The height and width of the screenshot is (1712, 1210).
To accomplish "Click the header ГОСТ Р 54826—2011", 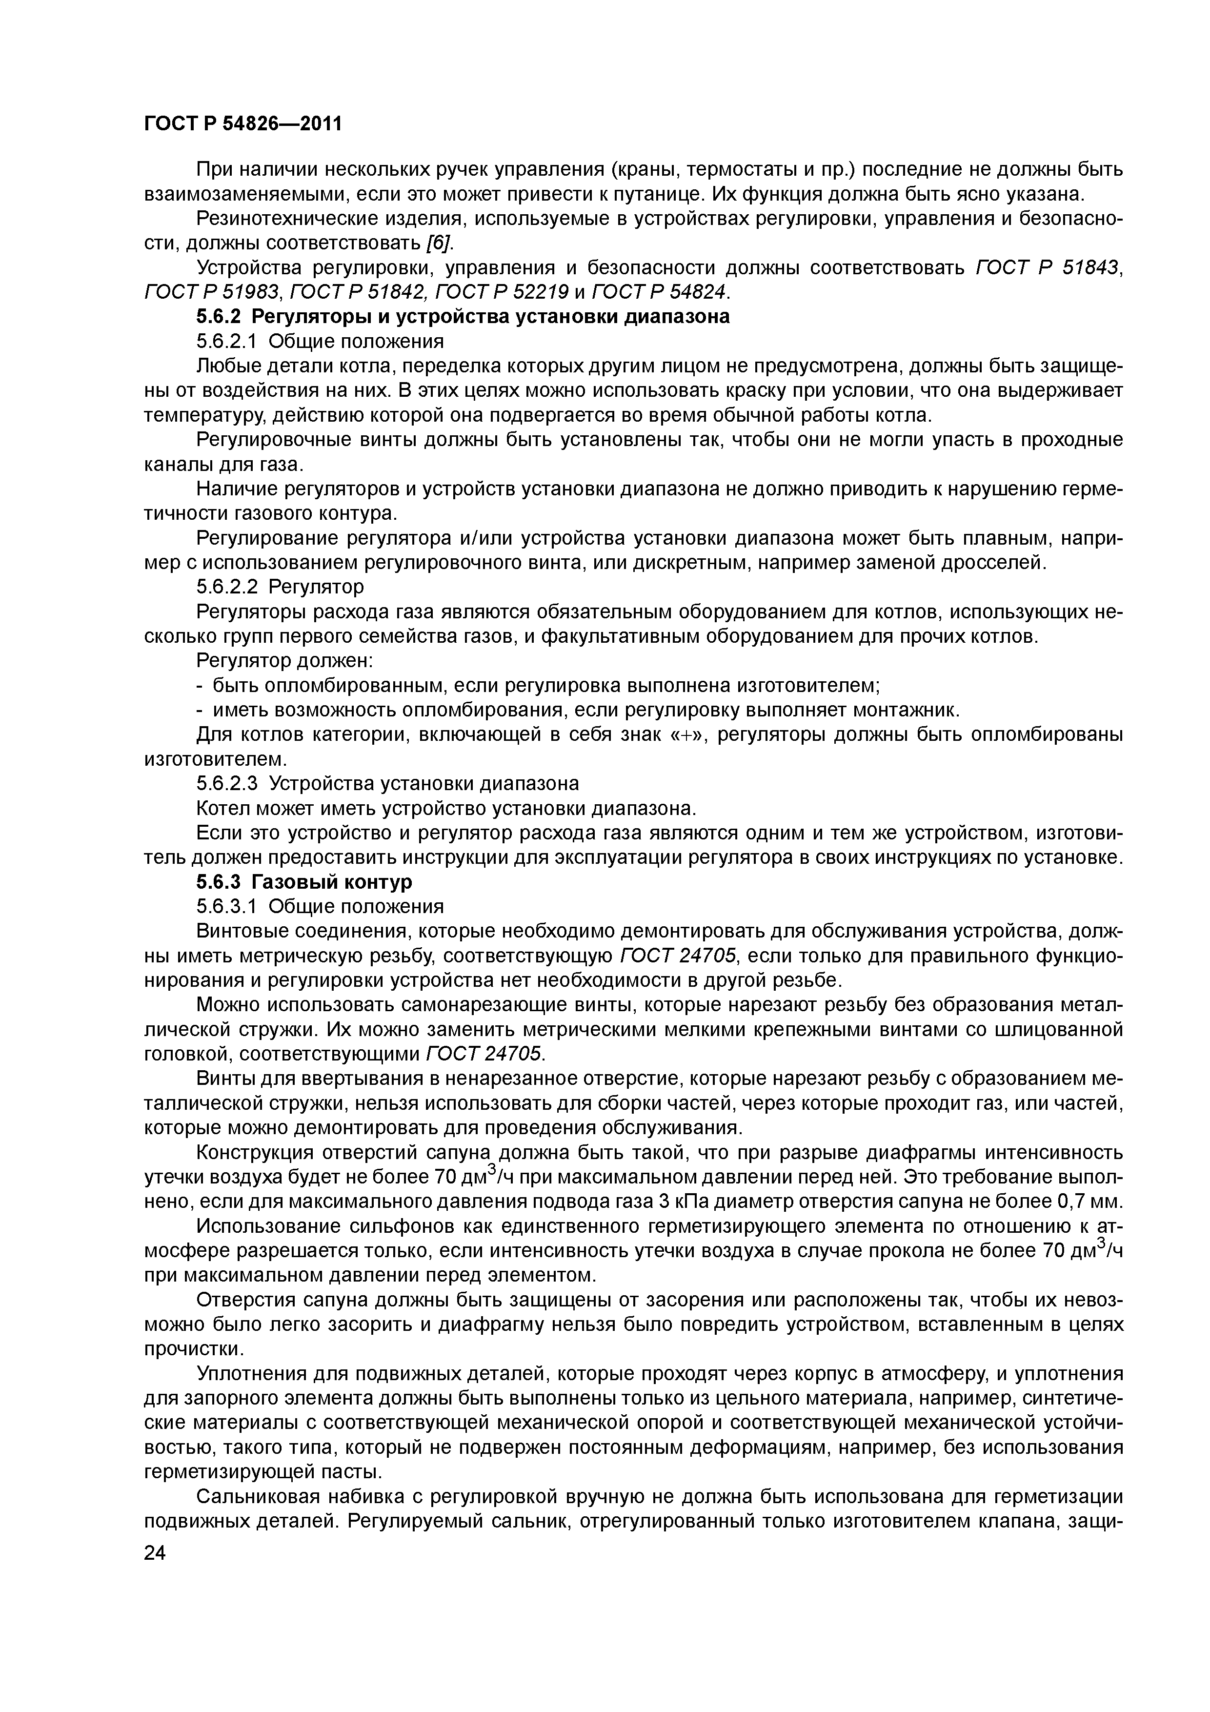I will pos(242,123).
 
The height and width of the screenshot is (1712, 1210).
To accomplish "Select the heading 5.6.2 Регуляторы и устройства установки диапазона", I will pos(462,317).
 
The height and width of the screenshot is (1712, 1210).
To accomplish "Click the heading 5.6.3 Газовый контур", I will pos(304,882).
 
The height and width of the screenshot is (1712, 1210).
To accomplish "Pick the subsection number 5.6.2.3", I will pos(227,784).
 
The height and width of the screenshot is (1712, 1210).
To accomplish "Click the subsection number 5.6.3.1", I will pos(227,907).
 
